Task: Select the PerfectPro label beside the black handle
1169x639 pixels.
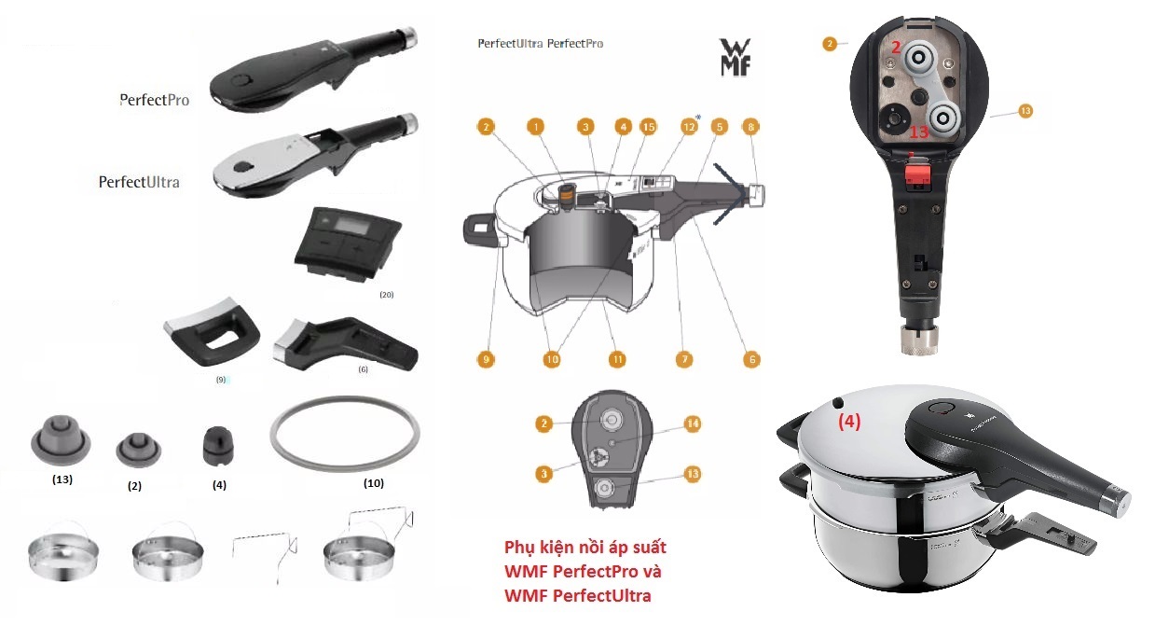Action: click(x=155, y=100)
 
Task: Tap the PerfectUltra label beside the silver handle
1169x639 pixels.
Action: click(x=139, y=182)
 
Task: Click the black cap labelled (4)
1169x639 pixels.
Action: click(x=218, y=445)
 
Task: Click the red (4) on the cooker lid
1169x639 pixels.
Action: click(x=848, y=421)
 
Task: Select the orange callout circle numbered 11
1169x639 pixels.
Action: click(x=616, y=359)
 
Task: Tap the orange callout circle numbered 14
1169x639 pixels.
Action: click(x=692, y=423)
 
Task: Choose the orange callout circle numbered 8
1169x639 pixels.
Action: click(x=751, y=126)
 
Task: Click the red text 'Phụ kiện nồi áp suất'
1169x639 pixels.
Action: click(x=585, y=547)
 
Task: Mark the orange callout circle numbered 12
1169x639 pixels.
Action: click(x=689, y=126)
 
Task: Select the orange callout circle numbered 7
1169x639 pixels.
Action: click(x=684, y=359)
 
